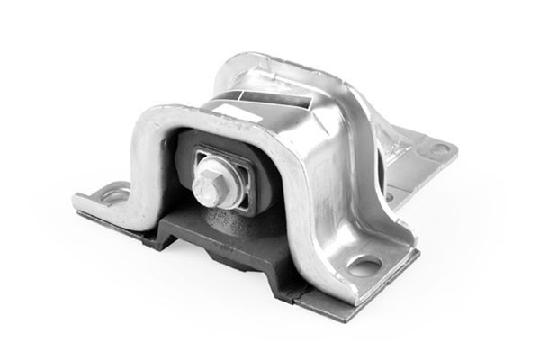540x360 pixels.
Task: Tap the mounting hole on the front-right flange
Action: pos(365,265)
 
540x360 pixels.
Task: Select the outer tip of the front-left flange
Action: pos(76,202)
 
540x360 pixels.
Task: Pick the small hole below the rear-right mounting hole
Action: pos(389,193)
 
